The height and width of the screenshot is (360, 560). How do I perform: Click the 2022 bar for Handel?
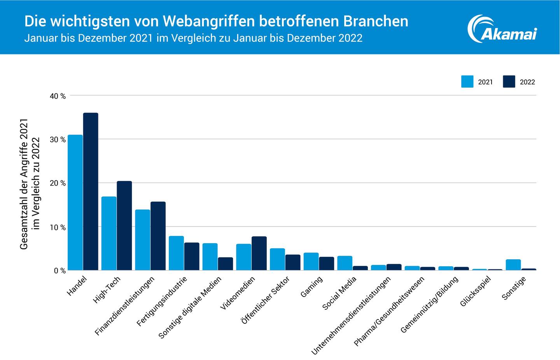click(x=91, y=191)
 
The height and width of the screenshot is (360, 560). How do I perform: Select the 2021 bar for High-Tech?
click(x=109, y=234)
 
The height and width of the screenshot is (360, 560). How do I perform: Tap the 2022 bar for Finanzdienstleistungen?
click(x=158, y=236)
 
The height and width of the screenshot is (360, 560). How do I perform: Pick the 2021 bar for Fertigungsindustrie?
click(x=176, y=253)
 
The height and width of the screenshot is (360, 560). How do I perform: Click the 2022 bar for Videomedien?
click(x=259, y=253)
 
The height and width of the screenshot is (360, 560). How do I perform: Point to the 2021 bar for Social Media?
click(x=345, y=263)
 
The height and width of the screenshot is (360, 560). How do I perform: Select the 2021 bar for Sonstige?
click(x=513, y=265)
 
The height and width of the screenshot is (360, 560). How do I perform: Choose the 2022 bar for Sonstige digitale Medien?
click(x=226, y=264)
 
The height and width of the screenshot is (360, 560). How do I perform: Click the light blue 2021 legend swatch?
click(x=467, y=82)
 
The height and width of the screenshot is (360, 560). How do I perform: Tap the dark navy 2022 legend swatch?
click(x=509, y=82)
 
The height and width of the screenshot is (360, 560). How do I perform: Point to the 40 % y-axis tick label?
click(x=58, y=96)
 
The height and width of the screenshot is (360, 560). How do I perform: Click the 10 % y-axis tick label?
click(x=58, y=227)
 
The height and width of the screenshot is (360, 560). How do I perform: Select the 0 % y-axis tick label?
click(x=59, y=270)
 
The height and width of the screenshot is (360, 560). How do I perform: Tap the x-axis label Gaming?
click(x=312, y=287)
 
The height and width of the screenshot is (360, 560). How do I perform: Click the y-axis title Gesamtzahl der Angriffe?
click(x=24, y=183)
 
